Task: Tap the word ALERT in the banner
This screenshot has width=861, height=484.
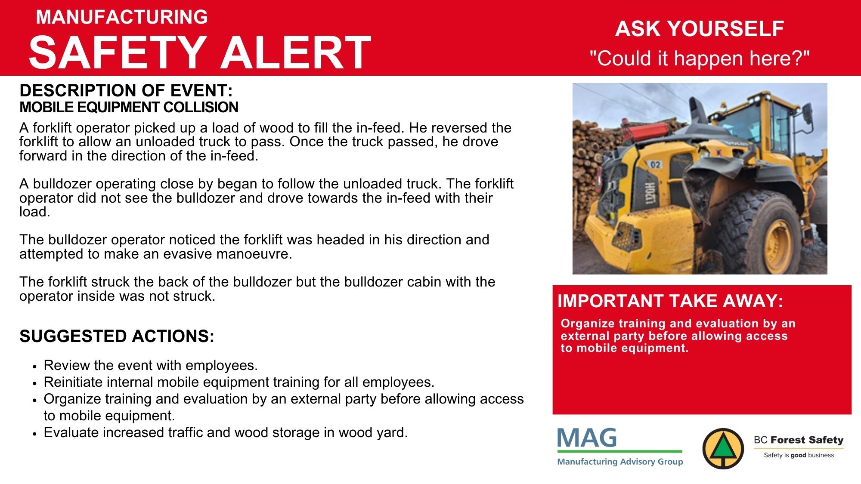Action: (296, 52)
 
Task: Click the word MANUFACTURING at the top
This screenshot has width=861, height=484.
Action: (122, 17)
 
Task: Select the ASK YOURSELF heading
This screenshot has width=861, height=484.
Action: (699, 29)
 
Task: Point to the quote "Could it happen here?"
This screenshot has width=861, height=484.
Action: (700, 58)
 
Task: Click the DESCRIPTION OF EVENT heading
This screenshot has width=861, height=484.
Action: (126, 90)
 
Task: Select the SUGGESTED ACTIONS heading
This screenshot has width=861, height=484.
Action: (117, 336)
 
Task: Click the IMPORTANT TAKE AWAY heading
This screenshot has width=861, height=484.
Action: (670, 301)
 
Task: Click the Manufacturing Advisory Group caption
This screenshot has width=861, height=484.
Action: (620, 462)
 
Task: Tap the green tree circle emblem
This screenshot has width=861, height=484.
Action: (723, 449)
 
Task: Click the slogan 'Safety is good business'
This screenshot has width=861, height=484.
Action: (799, 455)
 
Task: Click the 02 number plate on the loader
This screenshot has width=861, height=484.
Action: (655, 164)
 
